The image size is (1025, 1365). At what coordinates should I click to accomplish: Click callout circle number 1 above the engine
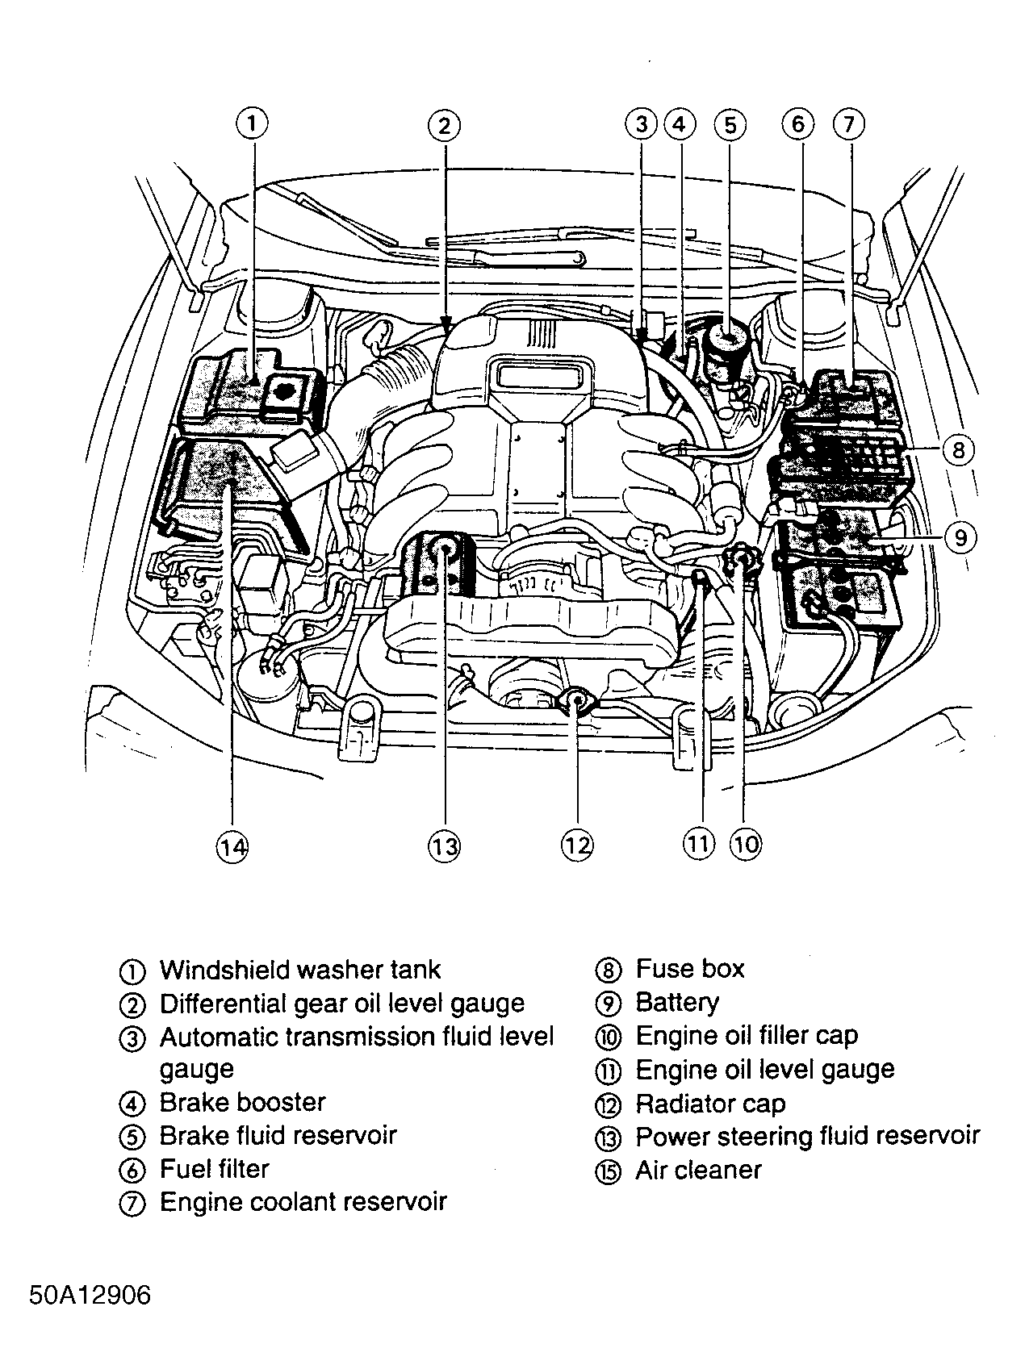click(253, 124)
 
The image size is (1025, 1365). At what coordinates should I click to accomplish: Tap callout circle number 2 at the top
click(443, 125)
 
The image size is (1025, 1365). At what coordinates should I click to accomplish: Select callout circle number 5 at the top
click(730, 125)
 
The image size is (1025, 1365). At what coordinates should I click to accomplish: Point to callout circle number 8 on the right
click(958, 449)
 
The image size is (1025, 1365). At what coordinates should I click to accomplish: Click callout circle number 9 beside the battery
click(960, 537)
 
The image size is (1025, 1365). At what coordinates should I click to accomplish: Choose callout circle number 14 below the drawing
click(232, 846)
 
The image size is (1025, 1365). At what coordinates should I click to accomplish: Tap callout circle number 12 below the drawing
click(576, 845)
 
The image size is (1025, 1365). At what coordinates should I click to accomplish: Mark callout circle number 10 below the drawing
click(745, 844)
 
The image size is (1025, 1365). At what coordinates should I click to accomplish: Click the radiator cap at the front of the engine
click(576, 701)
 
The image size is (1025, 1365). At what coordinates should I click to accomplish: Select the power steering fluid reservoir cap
click(443, 549)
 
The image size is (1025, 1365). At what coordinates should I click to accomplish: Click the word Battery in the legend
click(676, 1003)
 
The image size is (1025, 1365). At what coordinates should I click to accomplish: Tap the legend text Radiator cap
click(710, 1104)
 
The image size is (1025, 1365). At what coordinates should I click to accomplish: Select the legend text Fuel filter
click(214, 1169)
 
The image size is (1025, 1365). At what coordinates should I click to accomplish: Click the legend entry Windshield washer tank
click(300, 970)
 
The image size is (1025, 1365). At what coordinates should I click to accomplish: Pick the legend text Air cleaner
click(698, 1170)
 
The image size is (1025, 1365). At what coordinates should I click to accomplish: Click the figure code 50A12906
click(90, 1296)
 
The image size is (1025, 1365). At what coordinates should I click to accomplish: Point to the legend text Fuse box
click(689, 969)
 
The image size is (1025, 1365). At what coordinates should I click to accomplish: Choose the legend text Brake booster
click(242, 1102)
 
